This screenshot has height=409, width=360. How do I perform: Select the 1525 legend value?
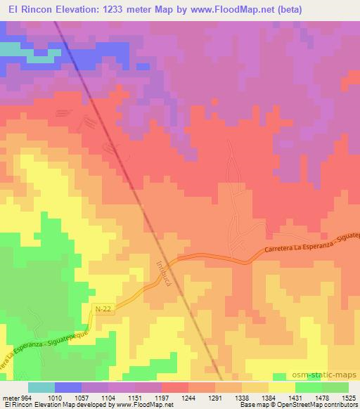[x=347, y=398]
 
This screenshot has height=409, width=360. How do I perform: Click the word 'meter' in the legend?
[x=10, y=398]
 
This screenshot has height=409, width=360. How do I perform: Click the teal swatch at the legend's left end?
[x=41, y=387]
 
